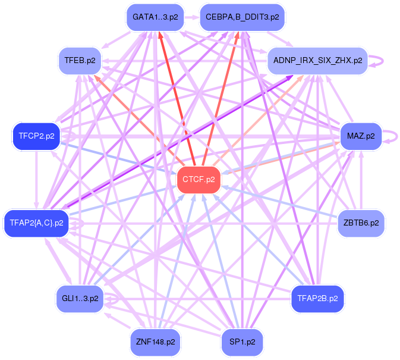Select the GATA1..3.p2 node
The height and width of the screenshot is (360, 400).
(155, 17)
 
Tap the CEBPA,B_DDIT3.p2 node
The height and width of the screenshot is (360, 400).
(242, 17)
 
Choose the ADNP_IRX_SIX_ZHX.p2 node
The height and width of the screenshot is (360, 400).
(317, 61)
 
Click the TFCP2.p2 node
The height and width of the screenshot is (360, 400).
(36, 136)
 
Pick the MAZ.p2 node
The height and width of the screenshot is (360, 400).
(361, 136)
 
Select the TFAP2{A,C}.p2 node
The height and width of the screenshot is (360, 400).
(36, 223)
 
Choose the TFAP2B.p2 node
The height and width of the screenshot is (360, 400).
(317, 298)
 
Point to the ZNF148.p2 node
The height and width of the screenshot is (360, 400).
(155, 342)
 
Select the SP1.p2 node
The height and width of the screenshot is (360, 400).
(242, 342)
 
